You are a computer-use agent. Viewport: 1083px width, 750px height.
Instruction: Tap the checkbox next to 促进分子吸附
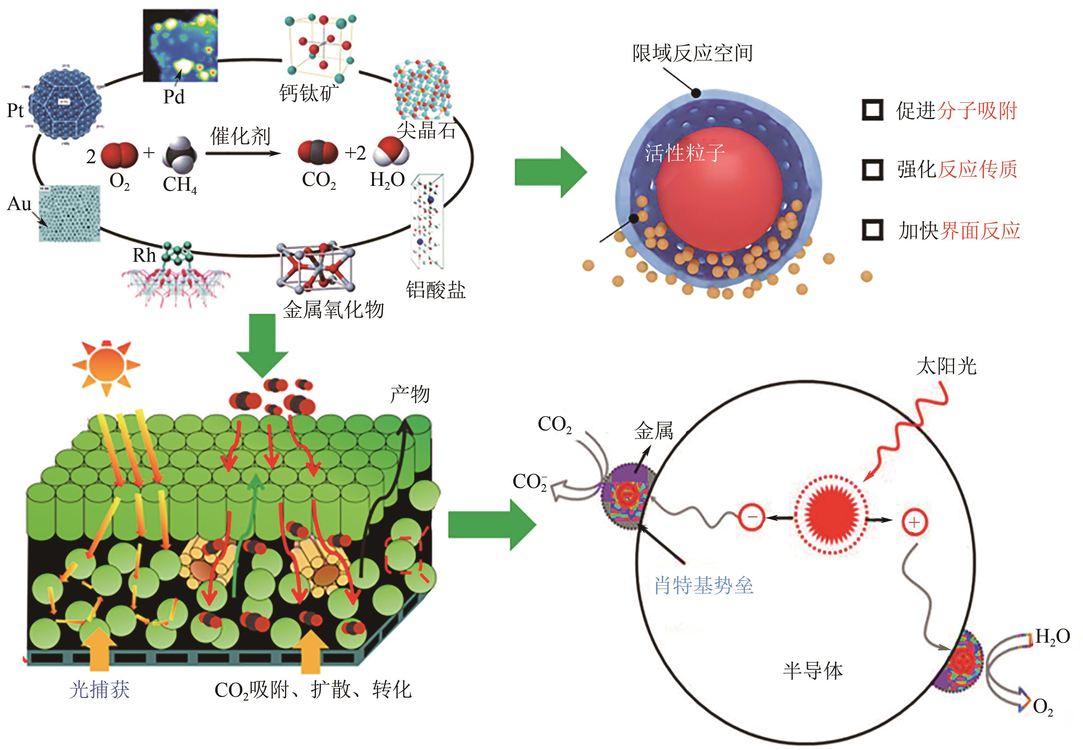872,110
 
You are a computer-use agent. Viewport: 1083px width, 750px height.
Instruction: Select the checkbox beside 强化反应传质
872,169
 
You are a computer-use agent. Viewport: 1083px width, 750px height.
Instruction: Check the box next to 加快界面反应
872,230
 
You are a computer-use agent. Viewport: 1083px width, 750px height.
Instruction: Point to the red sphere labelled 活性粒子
719,188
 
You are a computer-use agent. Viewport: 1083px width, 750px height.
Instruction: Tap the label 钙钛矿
308,93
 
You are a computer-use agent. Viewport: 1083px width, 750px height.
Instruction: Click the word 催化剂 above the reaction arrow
240,136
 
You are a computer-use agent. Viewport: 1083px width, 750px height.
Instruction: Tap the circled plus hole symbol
914,522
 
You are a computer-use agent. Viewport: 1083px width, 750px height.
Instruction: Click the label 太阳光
946,366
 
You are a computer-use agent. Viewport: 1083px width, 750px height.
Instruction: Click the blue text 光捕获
99,690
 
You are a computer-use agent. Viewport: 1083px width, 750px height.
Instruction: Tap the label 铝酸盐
436,290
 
